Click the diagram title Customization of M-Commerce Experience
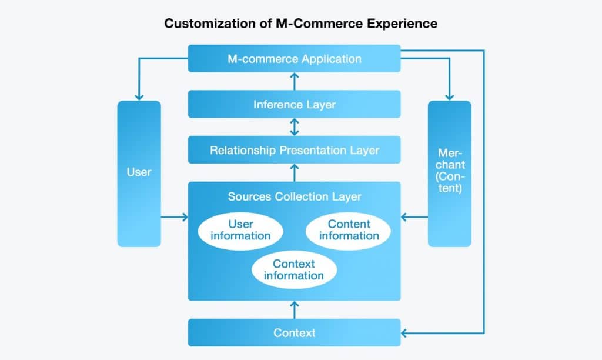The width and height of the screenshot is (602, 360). [x=300, y=24]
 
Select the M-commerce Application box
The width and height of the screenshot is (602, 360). [x=294, y=59]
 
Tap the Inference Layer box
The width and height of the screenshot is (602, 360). [x=294, y=105]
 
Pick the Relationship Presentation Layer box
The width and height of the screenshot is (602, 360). [x=294, y=150]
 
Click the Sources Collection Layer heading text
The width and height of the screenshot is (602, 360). [x=294, y=196]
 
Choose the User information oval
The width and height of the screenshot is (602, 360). [x=240, y=230]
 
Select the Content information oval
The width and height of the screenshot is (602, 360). [x=349, y=230]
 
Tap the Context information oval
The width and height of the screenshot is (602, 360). [x=294, y=269]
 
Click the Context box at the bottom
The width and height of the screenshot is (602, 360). [x=294, y=333]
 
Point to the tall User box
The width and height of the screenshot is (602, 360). [x=139, y=173]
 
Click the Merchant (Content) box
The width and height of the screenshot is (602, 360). [x=449, y=173]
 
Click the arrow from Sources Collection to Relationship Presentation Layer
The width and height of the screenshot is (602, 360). [x=295, y=172]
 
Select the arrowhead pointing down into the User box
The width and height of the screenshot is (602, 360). [x=139, y=96]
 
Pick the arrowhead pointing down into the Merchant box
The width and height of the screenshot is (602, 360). [x=450, y=96]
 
